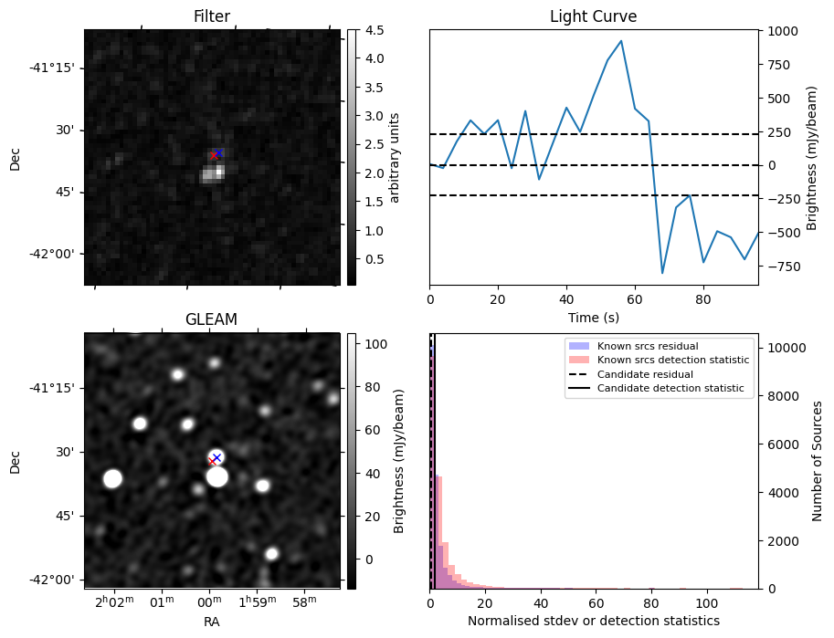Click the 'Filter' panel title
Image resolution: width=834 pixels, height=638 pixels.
211,16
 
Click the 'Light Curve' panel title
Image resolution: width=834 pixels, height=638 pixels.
593,16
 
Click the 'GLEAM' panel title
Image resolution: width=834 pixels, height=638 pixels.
211,319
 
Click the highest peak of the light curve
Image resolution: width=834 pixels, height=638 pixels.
621,41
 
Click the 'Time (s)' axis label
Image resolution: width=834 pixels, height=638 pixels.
593,317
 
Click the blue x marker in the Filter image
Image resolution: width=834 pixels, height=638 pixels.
218,152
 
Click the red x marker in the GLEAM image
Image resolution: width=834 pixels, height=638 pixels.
212,462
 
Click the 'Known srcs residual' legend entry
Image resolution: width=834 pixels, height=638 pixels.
634,347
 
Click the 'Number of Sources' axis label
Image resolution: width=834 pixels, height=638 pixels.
818,461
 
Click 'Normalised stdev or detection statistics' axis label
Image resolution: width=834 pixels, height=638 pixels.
593,621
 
